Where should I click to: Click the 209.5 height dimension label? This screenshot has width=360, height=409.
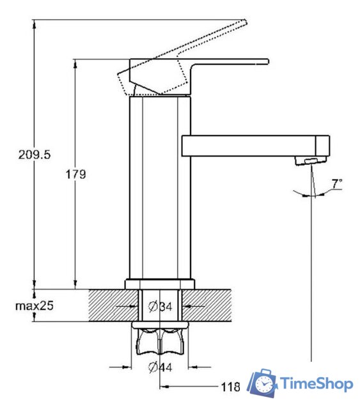(34, 155)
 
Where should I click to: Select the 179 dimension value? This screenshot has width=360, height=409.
(75, 174)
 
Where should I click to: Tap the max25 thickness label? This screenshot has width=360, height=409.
(34, 305)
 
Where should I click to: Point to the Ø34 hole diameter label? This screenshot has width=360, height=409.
(160, 306)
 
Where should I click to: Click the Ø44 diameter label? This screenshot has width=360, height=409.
(160, 367)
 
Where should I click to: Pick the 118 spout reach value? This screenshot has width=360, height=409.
(230, 387)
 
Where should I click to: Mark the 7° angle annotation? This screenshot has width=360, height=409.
(337, 183)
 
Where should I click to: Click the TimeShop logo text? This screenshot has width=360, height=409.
(317, 383)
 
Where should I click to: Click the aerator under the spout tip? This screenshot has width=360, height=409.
(311, 160)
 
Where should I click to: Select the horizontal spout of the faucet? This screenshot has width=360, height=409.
(255, 146)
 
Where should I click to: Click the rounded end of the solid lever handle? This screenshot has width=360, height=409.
(267, 61)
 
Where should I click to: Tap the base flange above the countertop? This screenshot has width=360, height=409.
(160, 284)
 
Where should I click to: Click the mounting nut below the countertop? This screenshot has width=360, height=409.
(160, 338)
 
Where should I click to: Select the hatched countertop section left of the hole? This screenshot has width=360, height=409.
(114, 305)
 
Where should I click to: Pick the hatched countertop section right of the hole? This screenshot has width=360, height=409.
(207, 305)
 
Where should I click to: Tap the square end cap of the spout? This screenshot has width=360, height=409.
(322, 146)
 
